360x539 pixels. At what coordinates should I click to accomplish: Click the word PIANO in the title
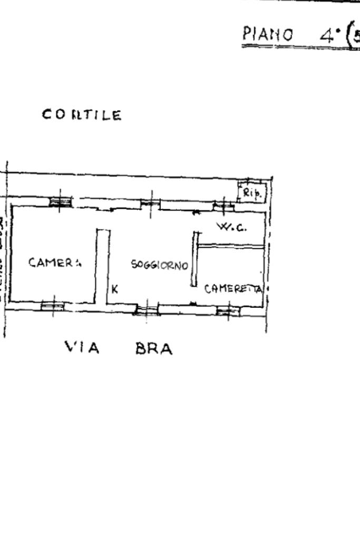pos(267,35)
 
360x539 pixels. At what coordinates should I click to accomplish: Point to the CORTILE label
pos(82,115)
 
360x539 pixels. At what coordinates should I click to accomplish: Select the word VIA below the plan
pos(82,348)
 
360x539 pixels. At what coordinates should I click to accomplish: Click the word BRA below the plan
pos(154,349)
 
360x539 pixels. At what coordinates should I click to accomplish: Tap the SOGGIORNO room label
pos(160,265)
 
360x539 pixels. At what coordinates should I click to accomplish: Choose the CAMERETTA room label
pos(233,288)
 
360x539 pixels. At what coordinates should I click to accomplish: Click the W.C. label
pos(232,227)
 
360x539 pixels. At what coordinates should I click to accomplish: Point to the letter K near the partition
pos(115,289)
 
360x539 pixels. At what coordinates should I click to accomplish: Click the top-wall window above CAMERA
pos(60,202)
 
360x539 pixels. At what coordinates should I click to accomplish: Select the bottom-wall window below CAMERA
pos(53,305)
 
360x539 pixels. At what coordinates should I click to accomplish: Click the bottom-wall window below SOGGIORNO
pos(147,309)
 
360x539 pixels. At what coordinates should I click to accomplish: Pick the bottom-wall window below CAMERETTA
pos(228,310)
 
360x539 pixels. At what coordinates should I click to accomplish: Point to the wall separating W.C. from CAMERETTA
pos(230,245)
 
